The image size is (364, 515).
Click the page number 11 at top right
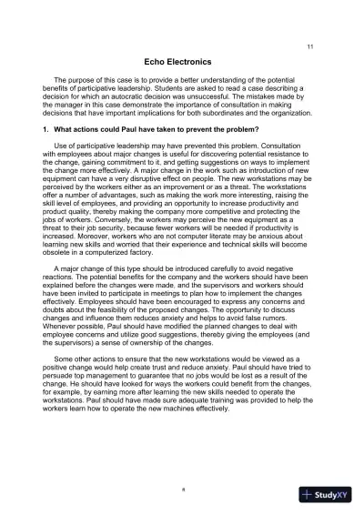click(x=311, y=46)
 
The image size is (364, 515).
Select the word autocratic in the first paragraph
click(x=136, y=96)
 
